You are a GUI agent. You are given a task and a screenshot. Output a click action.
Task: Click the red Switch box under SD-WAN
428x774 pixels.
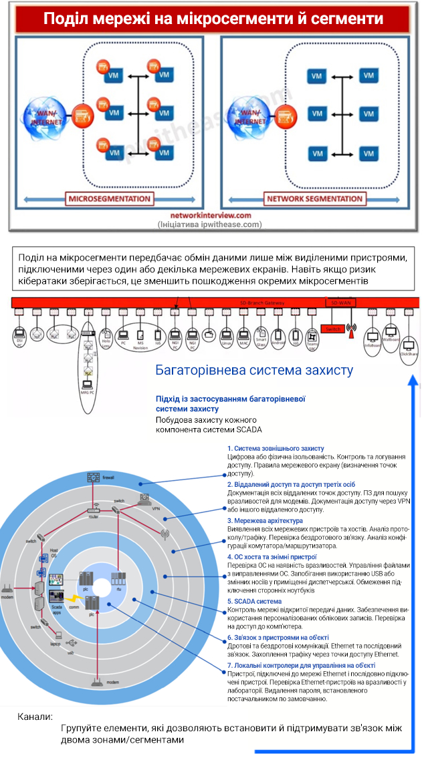[x=331, y=329]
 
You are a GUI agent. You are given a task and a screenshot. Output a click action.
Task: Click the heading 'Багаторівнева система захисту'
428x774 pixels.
[x=254, y=370]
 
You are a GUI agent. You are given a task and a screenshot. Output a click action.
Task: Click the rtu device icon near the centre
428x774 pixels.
[x=118, y=578]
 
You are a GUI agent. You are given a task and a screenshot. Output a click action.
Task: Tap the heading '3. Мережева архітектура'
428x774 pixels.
[x=265, y=520]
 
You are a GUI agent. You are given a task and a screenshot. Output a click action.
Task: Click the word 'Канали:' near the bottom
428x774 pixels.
[x=35, y=717]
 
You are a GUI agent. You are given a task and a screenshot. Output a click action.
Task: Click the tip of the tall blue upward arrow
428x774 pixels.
[x=414, y=377]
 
